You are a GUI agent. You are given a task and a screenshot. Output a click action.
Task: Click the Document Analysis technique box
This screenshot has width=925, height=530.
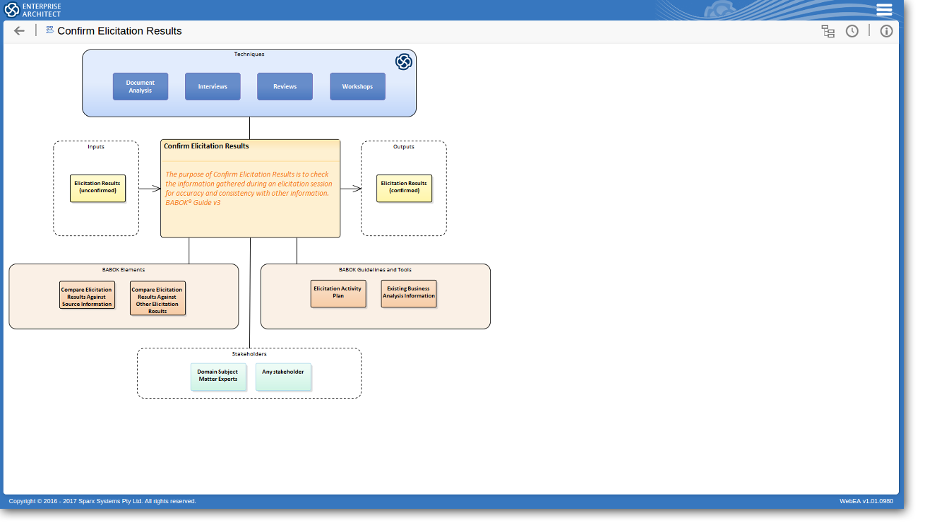(141, 86)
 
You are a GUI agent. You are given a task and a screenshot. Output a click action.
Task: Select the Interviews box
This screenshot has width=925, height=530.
(213, 86)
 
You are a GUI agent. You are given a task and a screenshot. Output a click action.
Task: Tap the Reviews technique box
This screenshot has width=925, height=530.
(285, 86)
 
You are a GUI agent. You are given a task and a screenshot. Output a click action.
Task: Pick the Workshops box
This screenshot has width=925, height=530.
(357, 86)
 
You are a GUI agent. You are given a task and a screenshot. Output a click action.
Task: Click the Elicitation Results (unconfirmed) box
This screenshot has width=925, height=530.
(97, 189)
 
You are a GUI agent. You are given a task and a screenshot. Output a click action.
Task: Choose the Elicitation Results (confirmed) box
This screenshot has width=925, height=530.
(404, 189)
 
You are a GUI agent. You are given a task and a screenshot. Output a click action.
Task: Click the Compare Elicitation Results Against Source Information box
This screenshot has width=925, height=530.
(87, 295)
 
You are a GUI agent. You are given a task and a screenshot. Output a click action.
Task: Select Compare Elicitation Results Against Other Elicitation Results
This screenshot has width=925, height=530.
(157, 298)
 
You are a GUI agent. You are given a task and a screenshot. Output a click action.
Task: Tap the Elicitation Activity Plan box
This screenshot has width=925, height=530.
(338, 294)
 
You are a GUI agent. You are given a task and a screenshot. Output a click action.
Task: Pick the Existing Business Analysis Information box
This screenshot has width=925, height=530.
(409, 294)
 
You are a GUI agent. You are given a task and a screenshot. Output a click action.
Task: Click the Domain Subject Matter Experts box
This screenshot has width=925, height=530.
(218, 377)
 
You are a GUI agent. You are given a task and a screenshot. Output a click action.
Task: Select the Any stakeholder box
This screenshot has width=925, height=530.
(283, 377)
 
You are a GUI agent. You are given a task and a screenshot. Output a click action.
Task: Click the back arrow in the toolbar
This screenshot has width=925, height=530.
(19, 31)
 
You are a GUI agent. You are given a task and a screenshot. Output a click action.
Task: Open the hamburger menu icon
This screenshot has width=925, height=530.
(884, 10)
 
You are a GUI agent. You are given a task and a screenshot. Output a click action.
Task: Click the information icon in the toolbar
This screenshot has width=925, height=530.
(886, 31)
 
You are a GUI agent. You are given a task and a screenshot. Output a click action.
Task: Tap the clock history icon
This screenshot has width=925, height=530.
(852, 31)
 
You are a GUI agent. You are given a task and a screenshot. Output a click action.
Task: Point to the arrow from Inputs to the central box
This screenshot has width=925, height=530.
(150, 189)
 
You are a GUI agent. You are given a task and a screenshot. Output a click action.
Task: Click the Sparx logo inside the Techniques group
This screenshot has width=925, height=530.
(404, 62)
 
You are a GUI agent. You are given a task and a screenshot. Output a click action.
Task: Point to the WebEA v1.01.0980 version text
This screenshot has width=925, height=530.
(866, 501)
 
